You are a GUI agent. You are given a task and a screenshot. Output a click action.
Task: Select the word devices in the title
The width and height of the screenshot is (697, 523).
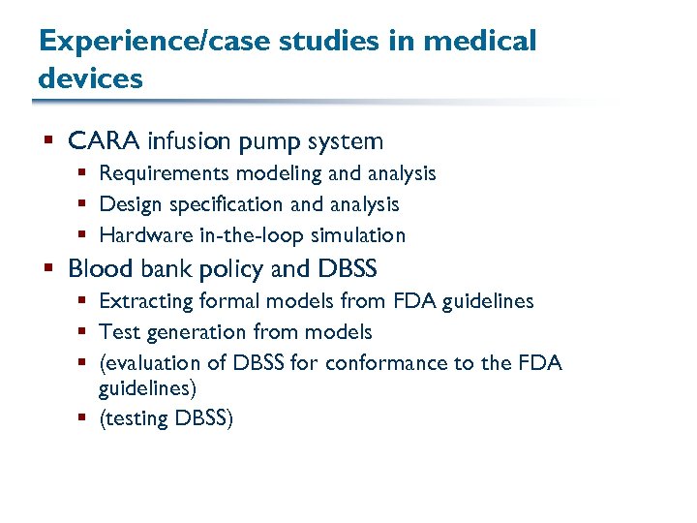(x=91, y=77)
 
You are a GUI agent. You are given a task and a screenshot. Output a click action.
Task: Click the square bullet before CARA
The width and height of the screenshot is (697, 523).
(x=48, y=142)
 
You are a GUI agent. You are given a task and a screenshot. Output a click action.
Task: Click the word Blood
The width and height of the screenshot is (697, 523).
(x=100, y=268)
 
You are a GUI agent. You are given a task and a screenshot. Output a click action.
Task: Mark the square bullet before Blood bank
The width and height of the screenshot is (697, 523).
(x=48, y=269)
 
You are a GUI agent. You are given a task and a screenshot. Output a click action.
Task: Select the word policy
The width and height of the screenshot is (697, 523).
(x=220, y=269)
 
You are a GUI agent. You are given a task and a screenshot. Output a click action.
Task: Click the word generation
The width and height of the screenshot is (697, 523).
(x=197, y=332)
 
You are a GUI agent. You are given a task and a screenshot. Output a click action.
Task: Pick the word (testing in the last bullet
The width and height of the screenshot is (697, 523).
(x=134, y=419)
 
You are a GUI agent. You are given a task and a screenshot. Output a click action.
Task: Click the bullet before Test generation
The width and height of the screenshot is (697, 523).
(x=81, y=332)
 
